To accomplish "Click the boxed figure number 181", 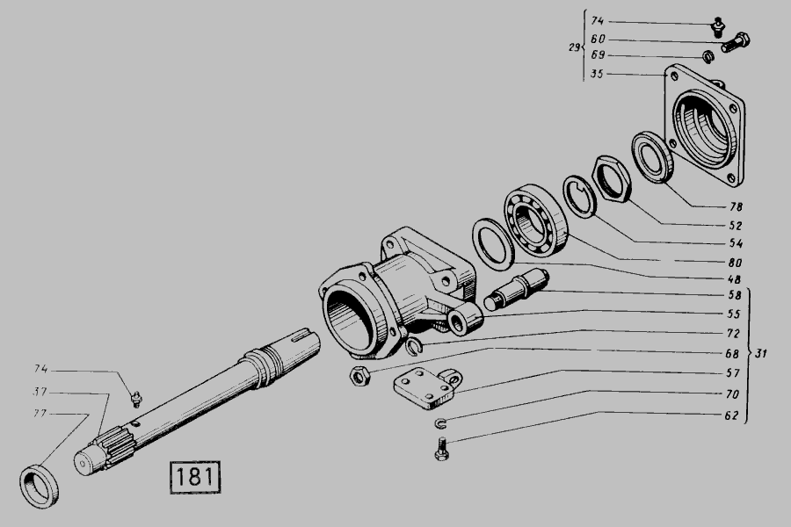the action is pos(195,477).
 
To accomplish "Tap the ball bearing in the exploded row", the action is pos(536,220).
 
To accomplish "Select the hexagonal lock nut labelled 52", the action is pos(612,179).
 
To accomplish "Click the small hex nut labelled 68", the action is pos(359,376).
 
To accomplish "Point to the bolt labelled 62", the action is pos(442,448).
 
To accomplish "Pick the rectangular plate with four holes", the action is pos(426,388).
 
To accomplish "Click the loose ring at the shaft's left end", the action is pos(40,487).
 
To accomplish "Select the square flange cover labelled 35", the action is pos(705,125).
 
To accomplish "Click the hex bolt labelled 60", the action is pos(736,42).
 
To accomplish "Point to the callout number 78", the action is pos(736,206).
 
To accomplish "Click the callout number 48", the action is pos(734,279).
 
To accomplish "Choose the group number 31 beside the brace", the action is pos(761,353).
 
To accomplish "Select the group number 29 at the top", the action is pos(574,47).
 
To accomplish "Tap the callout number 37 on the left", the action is pos(40,392).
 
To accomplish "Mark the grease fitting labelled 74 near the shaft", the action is pos(135,399).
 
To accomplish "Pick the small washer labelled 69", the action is pos(708,56).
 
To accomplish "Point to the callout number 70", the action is pos(732,393).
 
